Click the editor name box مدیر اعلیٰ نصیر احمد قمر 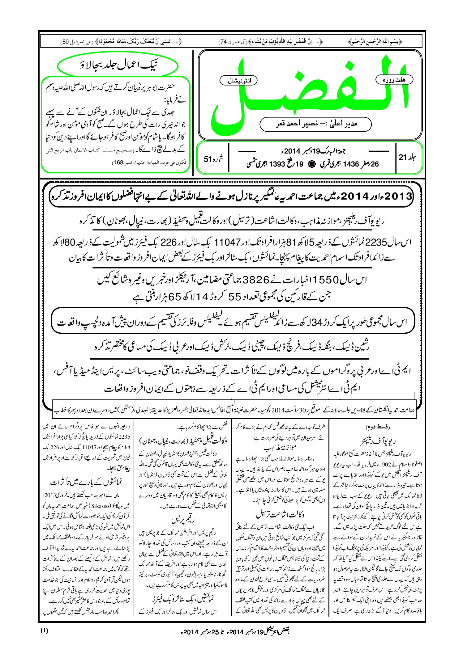(315, 124)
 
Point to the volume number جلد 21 (408, 158)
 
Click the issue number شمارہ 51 (213, 159)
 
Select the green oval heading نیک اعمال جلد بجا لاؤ (118, 66)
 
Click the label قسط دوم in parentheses (377, 428)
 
